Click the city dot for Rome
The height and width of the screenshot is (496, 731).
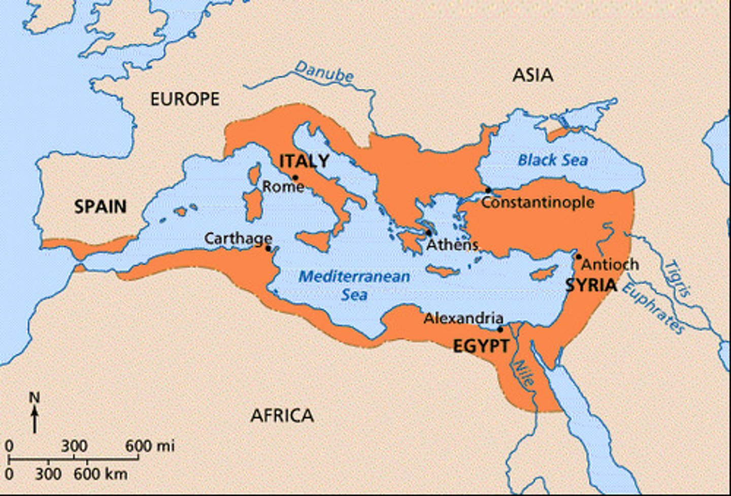tap(295, 178)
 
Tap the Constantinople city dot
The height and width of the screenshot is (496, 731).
tap(488, 190)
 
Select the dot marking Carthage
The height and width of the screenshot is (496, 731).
tap(268, 249)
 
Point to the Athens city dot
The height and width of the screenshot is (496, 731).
tap(429, 233)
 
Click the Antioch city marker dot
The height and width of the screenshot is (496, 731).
tap(578, 257)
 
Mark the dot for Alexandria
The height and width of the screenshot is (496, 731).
tap(500, 329)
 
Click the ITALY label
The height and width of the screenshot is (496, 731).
tap(304, 161)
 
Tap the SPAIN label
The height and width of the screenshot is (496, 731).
tap(101, 206)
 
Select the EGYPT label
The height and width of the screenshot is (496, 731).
tap(480, 346)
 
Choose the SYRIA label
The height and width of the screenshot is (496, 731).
tap(591, 285)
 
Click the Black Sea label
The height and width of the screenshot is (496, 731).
tap(552, 160)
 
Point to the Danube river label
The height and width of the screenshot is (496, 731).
tap(324, 72)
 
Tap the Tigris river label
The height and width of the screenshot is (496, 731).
tap(678, 278)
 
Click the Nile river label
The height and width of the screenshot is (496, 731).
tap(523, 372)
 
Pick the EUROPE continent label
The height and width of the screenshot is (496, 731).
tap(185, 99)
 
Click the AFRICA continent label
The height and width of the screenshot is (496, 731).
tap(282, 416)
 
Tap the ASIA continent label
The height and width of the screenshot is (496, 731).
tap(533, 75)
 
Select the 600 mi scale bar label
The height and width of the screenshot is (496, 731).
tap(150, 446)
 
